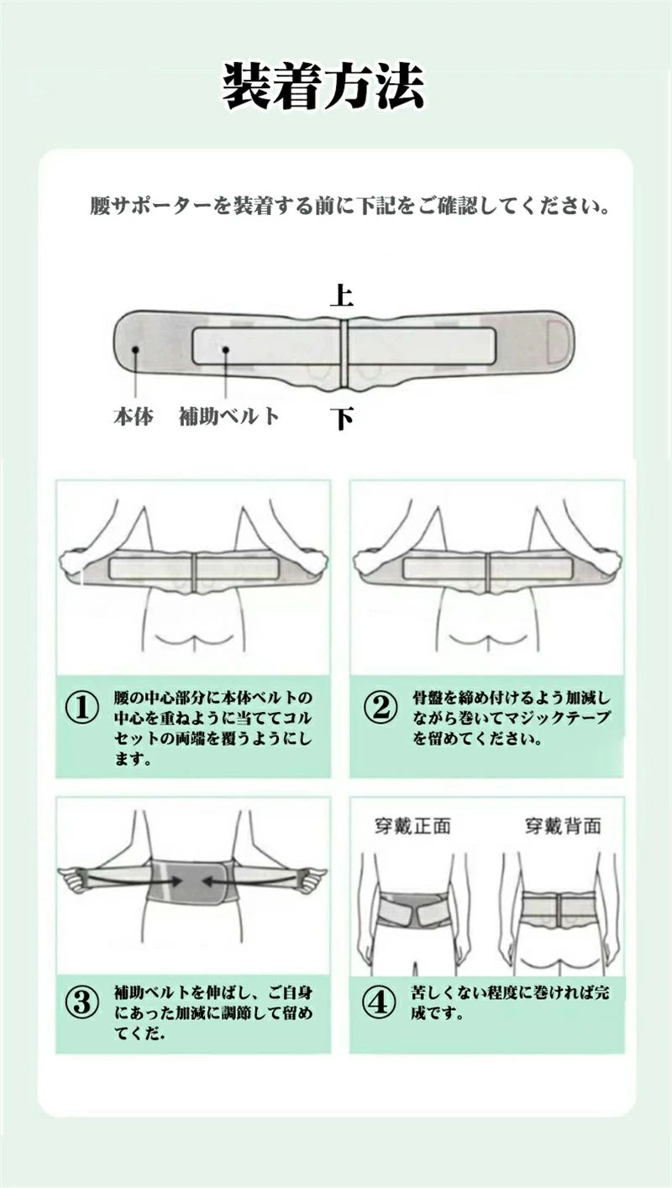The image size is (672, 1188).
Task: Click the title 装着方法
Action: [323, 86]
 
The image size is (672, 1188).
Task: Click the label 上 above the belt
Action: [341, 295]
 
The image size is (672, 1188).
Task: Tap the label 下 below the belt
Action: [341, 417]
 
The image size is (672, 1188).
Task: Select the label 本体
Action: [134, 416]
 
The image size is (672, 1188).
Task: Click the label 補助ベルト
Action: [228, 416]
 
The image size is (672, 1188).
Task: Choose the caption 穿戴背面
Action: [563, 826]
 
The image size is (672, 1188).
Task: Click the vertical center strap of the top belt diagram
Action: [343, 353]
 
